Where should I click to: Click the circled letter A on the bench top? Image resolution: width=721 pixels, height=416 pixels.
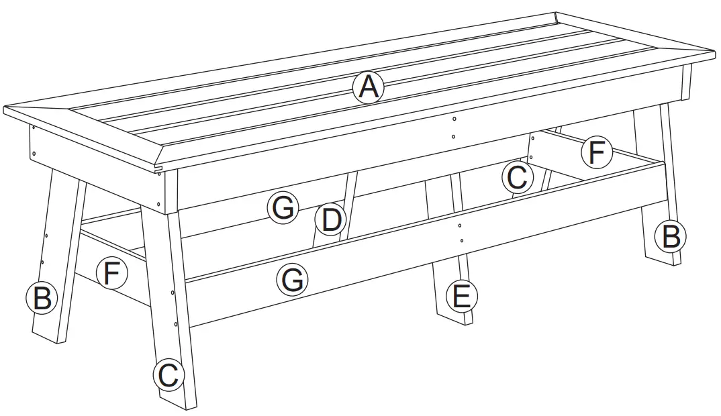point(368,87)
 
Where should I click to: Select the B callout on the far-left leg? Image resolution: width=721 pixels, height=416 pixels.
point(42,298)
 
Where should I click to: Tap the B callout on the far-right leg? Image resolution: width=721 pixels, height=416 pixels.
point(671,236)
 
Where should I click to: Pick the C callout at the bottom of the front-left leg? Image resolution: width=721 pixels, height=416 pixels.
point(168,375)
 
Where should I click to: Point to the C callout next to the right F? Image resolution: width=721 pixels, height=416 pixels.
point(516,178)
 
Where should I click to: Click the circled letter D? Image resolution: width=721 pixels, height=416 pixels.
point(330,220)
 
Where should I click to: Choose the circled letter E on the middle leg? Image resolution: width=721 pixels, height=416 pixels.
point(462,296)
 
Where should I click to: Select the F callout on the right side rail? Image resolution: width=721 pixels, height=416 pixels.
point(596,153)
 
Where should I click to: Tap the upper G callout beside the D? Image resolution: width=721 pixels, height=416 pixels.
point(283,209)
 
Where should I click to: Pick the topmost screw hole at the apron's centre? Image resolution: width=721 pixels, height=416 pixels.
point(454,119)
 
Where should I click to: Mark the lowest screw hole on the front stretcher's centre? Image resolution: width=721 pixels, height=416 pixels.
point(462,240)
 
